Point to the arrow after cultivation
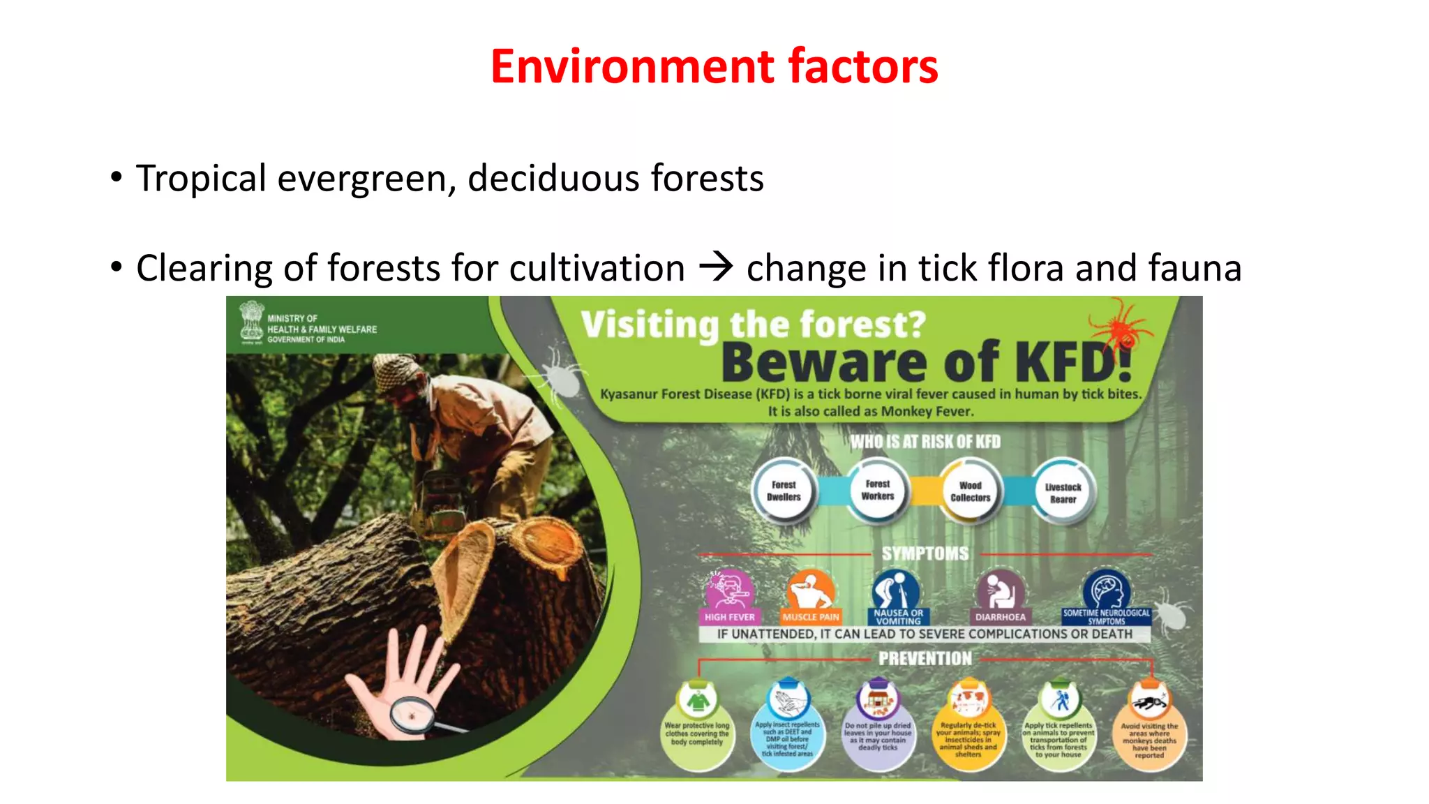click(x=716, y=267)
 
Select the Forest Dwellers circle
click(x=784, y=491)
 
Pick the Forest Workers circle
click(x=877, y=490)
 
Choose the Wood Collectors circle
click(x=970, y=491)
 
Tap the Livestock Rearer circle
click(x=1063, y=493)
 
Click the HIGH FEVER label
click(x=729, y=617)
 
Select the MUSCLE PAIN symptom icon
click(x=810, y=590)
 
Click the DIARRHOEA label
click(x=1000, y=617)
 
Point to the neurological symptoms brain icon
click(x=1106, y=590)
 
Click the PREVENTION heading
click(x=925, y=658)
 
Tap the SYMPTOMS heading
click(x=925, y=553)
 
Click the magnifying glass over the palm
click(x=411, y=715)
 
